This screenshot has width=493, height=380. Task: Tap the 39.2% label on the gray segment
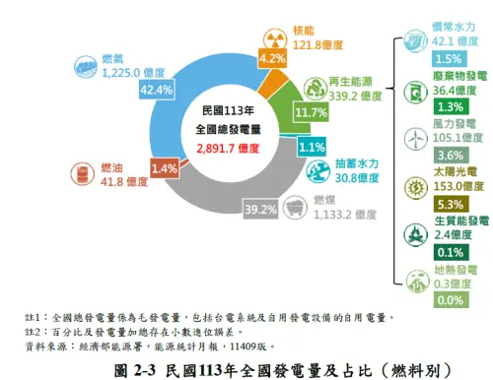click(x=260, y=209)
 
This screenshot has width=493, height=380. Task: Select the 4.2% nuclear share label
click(x=271, y=59)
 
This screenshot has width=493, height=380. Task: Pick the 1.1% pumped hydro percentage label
click(x=312, y=148)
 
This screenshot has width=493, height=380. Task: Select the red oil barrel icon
click(x=82, y=175)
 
